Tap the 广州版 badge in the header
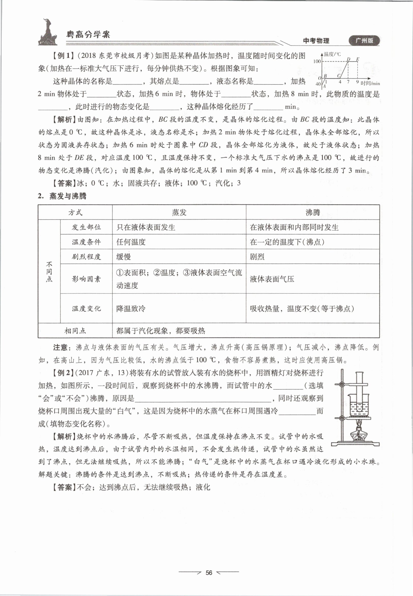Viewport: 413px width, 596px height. click(x=364, y=41)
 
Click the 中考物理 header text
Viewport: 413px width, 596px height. click(x=316, y=41)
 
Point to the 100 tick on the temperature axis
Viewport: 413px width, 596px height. click(x=317, y=61)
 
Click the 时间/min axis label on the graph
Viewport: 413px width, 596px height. click(x=370, y=83)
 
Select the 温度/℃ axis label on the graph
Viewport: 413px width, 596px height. click(x=332, y=54)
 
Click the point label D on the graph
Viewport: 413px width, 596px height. click(x=349, y=59)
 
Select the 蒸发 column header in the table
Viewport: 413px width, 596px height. click(x=179, y=212)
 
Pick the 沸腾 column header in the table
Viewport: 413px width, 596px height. click(x=312, y=212)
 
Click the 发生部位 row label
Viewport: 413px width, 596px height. click(x=86, y=227)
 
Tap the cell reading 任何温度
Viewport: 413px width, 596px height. click(x=131, y=242)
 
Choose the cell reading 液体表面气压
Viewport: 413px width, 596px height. click(x=272, y=279)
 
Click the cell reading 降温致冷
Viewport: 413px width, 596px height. click(x=131, y=308)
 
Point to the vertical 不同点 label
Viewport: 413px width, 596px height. click(x=49, y=272)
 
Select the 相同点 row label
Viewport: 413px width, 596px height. click(x=75, y=331)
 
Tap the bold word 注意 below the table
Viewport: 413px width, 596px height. click(x=60, y=347)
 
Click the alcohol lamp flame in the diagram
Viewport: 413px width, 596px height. click(x=359, y=424)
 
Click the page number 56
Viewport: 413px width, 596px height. click(x=209, y=573)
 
